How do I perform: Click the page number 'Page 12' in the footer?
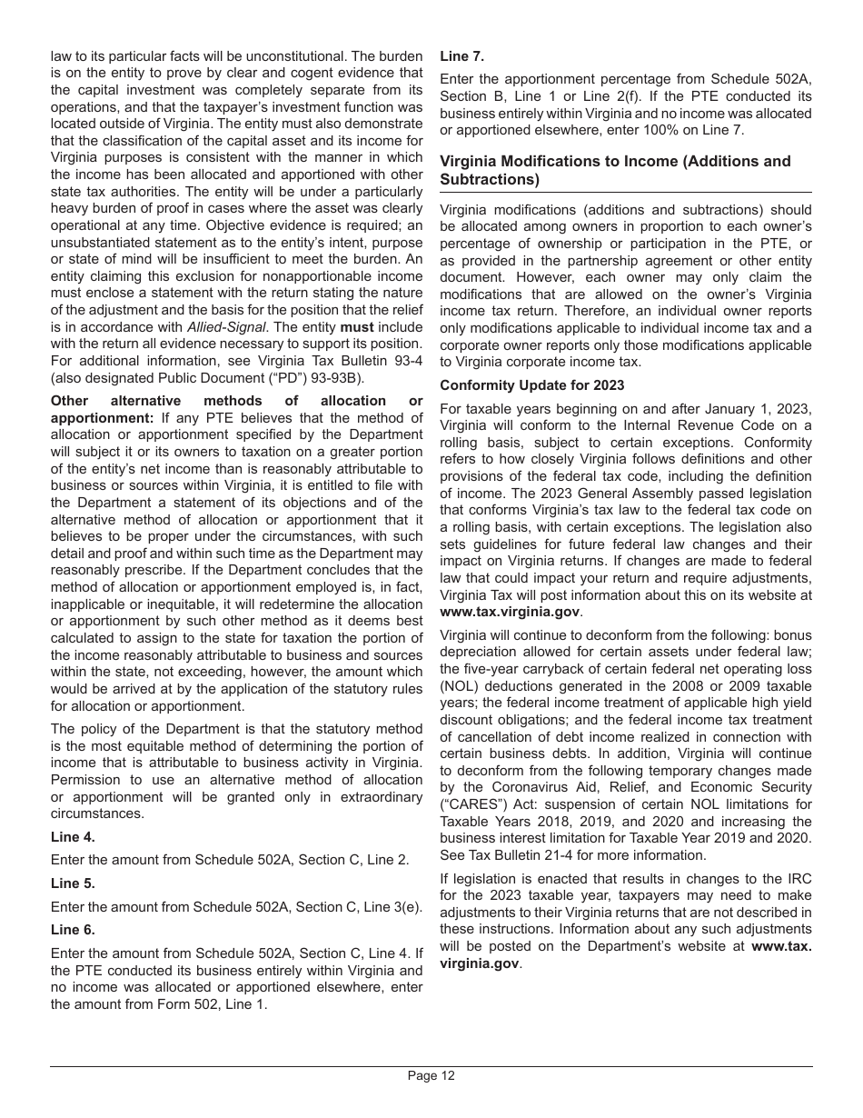(431, 1076)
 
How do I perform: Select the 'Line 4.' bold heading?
(73, 836)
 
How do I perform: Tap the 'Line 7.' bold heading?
(462, 55)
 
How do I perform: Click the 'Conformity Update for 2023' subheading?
(531, 385)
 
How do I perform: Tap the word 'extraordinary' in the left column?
(381, 796)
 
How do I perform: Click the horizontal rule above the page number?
(431, 1066)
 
